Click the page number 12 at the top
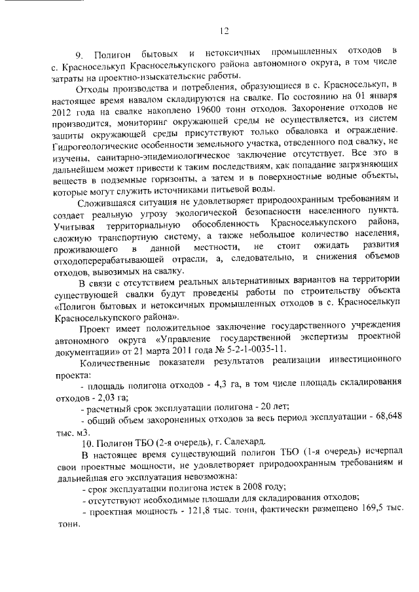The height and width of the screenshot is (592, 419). [224, 29]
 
